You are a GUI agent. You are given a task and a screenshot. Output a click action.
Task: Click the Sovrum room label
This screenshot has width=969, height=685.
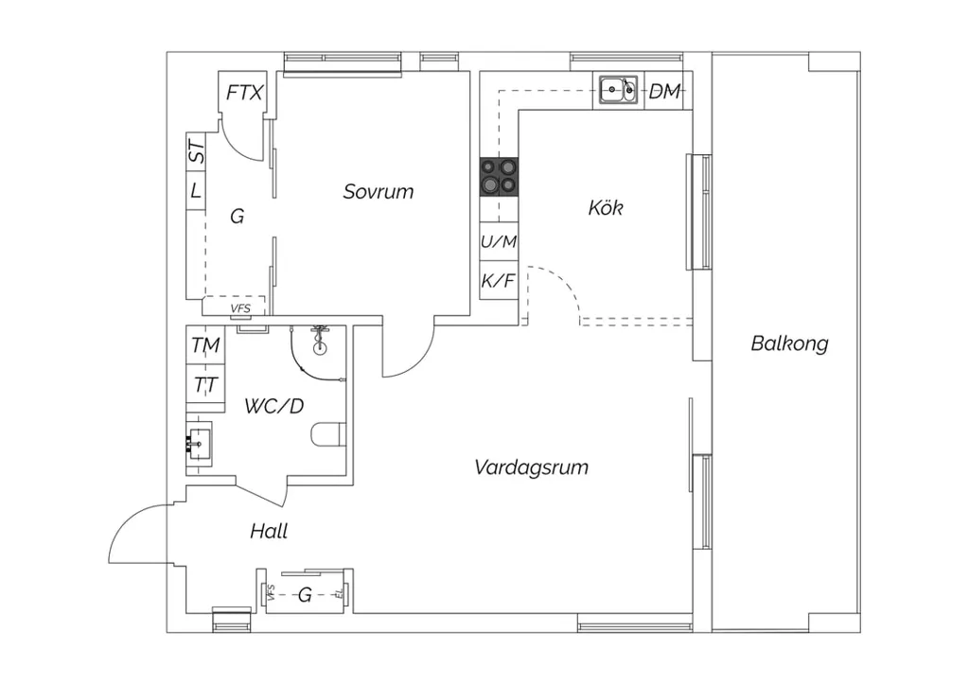coord(379,191)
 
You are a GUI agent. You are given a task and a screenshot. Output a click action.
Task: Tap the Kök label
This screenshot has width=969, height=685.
coord(606,207)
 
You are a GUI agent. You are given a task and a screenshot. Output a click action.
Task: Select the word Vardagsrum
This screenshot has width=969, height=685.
coord(532,467)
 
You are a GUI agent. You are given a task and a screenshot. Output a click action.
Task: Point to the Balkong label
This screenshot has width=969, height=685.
coord(789,343)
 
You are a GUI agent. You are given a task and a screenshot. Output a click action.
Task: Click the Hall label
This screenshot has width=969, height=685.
coord(269,531)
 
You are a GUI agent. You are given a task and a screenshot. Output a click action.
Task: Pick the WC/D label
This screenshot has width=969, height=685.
coord(274,406)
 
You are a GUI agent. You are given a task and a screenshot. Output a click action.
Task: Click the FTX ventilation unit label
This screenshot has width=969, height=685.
coord(244,93)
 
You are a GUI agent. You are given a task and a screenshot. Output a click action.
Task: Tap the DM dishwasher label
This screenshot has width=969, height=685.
coord(664,92)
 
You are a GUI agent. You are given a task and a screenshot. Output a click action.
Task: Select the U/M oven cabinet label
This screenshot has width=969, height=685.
coord(499,241)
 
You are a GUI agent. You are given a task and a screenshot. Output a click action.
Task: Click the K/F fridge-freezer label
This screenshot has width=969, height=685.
coord(498,281)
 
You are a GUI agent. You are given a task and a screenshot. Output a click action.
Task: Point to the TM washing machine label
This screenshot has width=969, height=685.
coord(205,344)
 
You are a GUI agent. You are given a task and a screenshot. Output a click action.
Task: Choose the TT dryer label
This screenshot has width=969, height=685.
coord(205,385)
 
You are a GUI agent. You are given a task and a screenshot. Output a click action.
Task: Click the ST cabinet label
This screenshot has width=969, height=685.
coord(196,151)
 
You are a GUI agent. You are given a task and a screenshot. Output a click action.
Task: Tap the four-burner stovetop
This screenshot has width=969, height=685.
coord(500,176)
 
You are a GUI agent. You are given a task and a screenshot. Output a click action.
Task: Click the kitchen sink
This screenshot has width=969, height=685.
coord(618,91)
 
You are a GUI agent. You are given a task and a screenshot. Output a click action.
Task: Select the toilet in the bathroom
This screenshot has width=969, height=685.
coord(328,433)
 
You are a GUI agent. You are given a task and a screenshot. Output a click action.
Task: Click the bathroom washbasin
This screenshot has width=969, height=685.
coord(199,442)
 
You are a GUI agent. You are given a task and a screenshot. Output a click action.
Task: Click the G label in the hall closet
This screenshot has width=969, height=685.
coord(304,595)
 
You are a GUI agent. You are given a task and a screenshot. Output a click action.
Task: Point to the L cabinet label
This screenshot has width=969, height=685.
coord(196,189)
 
